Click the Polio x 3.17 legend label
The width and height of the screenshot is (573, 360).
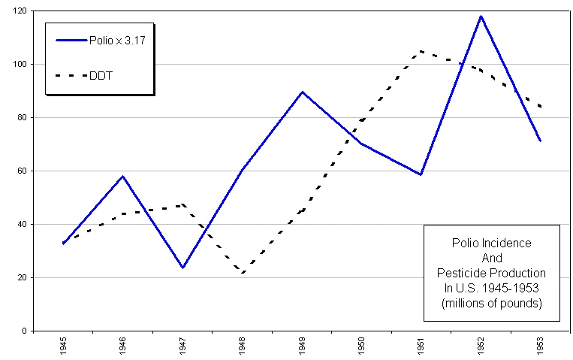[x=117, y=41]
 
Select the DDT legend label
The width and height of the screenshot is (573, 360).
[x=101, y=76]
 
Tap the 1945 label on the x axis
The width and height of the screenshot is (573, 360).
[x=64, y=346]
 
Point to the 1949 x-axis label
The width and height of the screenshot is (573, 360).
[x=302, y=346]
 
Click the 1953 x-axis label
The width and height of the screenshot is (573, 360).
[x=540, y=346]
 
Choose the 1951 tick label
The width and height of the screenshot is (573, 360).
[x=421, y=346]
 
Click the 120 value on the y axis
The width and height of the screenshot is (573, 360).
[x=21, y=11]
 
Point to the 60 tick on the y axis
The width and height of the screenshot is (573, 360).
[x=23, y=171]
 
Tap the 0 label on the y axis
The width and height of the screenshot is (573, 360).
[x=25, y=331]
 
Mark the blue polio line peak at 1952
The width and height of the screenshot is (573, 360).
[x=481, y=17]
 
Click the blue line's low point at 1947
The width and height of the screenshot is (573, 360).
[x=182, y=268]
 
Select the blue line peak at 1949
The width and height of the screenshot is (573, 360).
[x=302, y=92]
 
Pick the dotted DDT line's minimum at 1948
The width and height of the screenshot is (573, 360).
[x=243, y=273]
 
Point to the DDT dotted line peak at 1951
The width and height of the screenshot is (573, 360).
[x=421, y=52]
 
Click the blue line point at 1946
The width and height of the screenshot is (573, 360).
[x=123, y=177]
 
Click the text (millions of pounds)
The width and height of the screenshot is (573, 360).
[x=491, y=304]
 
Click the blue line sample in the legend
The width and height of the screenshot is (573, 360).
[x=71, y=41]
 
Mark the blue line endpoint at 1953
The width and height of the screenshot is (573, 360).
[x=540, y=141]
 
